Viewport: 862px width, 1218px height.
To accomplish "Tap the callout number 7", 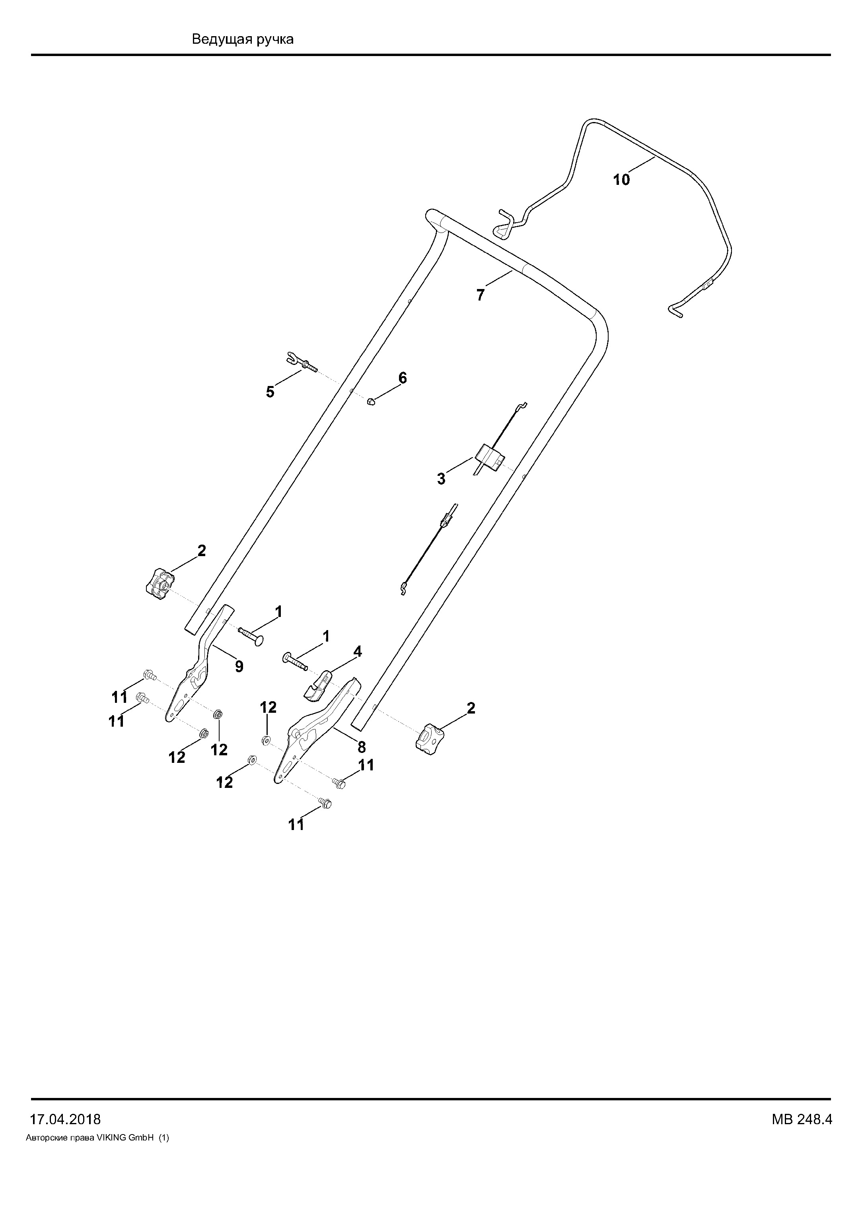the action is [x=481, y=295].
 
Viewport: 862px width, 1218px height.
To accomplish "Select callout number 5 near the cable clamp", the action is [x=270, y=393].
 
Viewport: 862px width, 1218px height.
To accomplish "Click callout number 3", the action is [x=441, y=479].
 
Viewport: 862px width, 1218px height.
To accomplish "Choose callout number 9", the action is [x=239, y=667].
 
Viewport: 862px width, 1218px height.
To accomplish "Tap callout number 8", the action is [x=362, y=747].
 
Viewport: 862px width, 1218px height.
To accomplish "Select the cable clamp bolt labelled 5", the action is [x=302, y=361].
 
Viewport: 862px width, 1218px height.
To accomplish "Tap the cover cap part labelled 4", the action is [x=317, y=683].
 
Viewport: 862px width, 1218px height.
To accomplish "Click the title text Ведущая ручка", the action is [x=243, y=39].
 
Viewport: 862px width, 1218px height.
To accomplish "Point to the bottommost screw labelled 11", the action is [x=324, y=804].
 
